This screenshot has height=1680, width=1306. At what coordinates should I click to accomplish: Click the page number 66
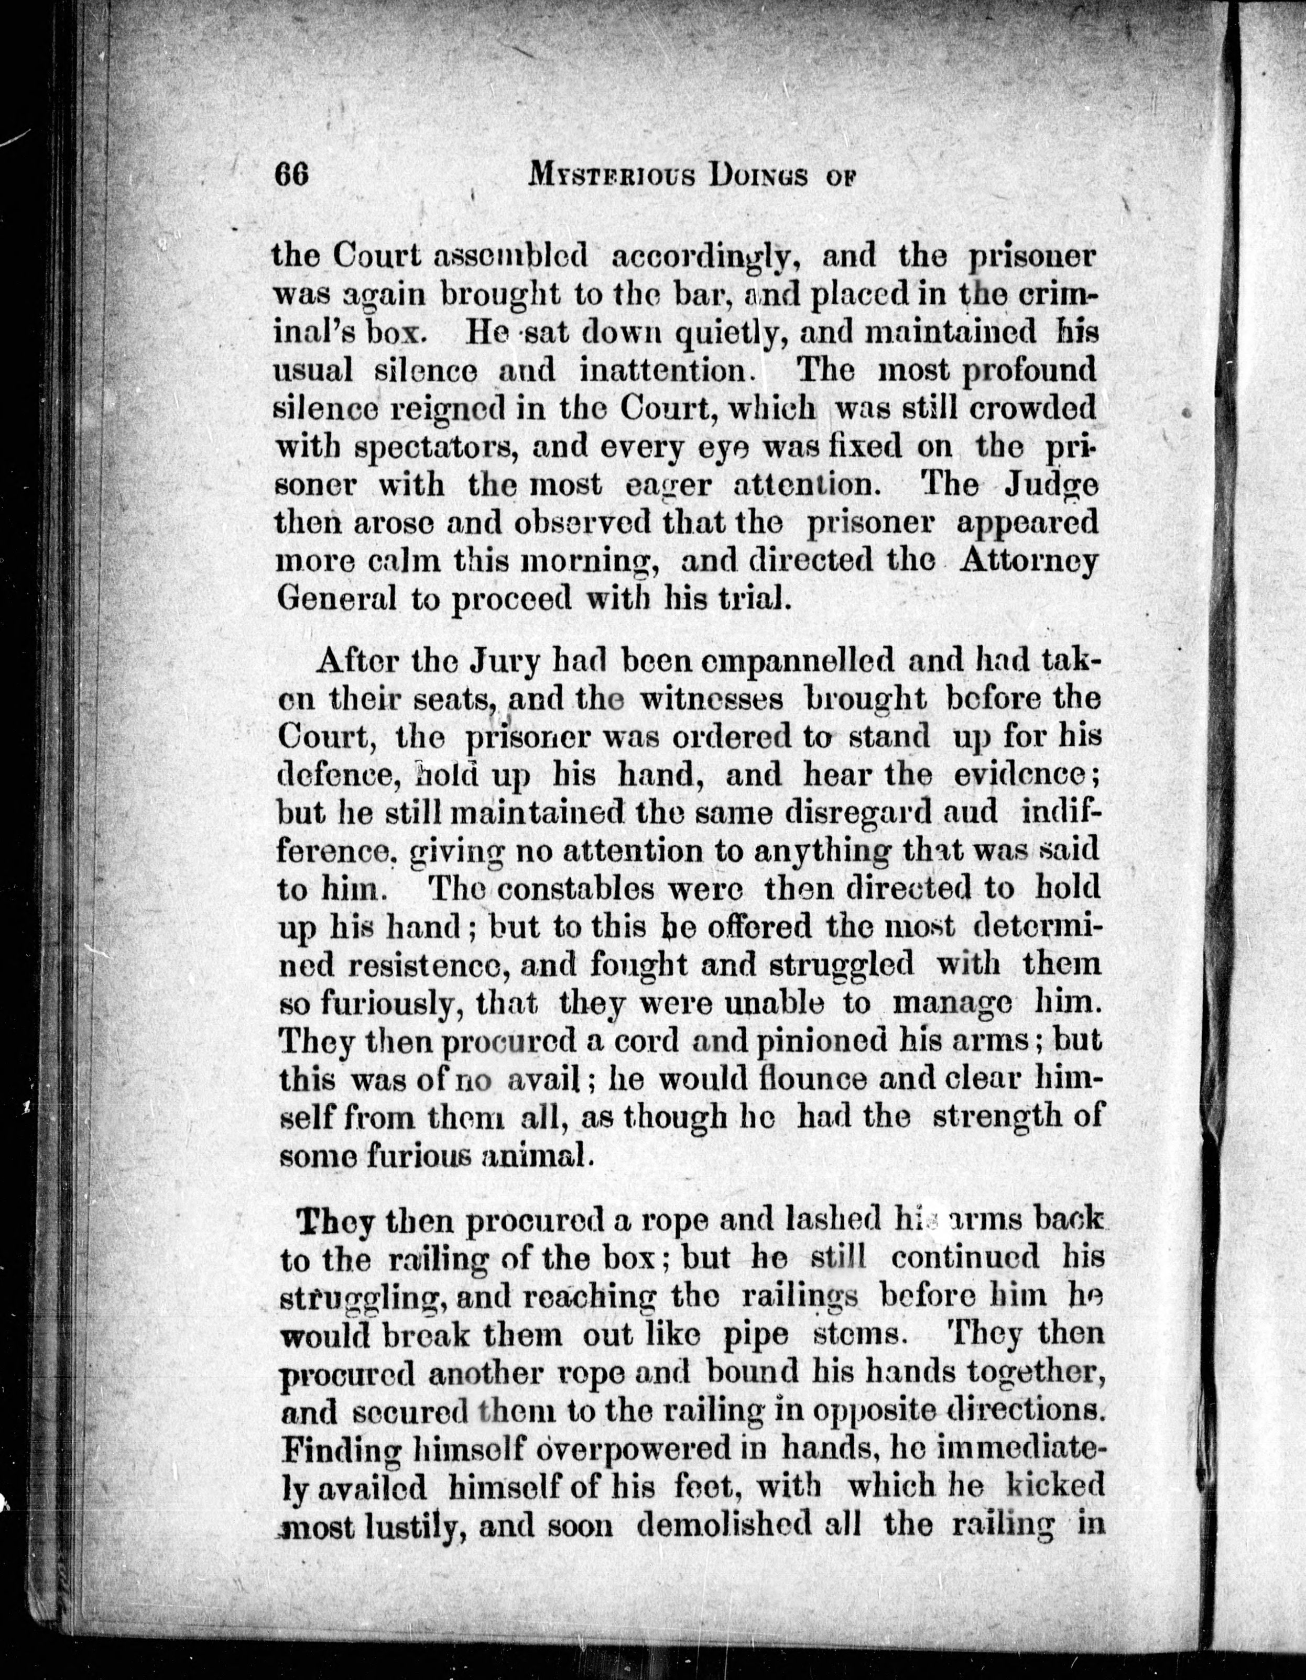pyautogui.click(x=291, y=176)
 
